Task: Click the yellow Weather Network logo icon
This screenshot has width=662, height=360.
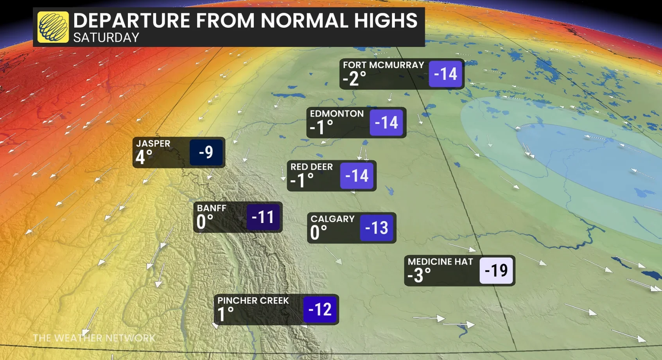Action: coord(53,27)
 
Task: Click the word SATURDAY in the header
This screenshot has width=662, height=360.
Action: coord(106,38)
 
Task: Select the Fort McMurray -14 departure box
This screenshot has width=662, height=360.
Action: coord(445,74)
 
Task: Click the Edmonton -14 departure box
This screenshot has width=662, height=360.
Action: coord(386,122)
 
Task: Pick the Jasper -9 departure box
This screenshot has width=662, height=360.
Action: coord(206,152)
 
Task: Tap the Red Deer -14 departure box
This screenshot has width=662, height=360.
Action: coord(357,176)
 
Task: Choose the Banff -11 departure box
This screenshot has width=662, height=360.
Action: coord(263,217)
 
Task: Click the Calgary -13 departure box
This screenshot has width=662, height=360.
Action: coord(377,228)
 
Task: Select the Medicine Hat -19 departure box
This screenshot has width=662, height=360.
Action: coord(496,270)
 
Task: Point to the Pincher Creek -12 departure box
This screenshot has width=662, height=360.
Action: coord(320,310)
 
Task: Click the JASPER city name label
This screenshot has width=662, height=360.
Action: coord(153,144)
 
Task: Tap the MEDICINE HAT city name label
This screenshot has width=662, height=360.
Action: coord(440,261)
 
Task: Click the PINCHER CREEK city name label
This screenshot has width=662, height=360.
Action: coord(253,301)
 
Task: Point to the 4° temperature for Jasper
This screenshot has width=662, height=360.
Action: coord(144,157)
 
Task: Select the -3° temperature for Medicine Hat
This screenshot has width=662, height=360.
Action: coord(419,275)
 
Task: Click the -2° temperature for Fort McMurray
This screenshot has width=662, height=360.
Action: coord(354,79)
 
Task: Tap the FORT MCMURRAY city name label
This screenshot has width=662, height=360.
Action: coord(383,65)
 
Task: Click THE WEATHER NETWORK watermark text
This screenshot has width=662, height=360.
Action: coord(94,338)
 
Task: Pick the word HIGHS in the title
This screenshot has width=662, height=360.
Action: coord(386,20)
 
